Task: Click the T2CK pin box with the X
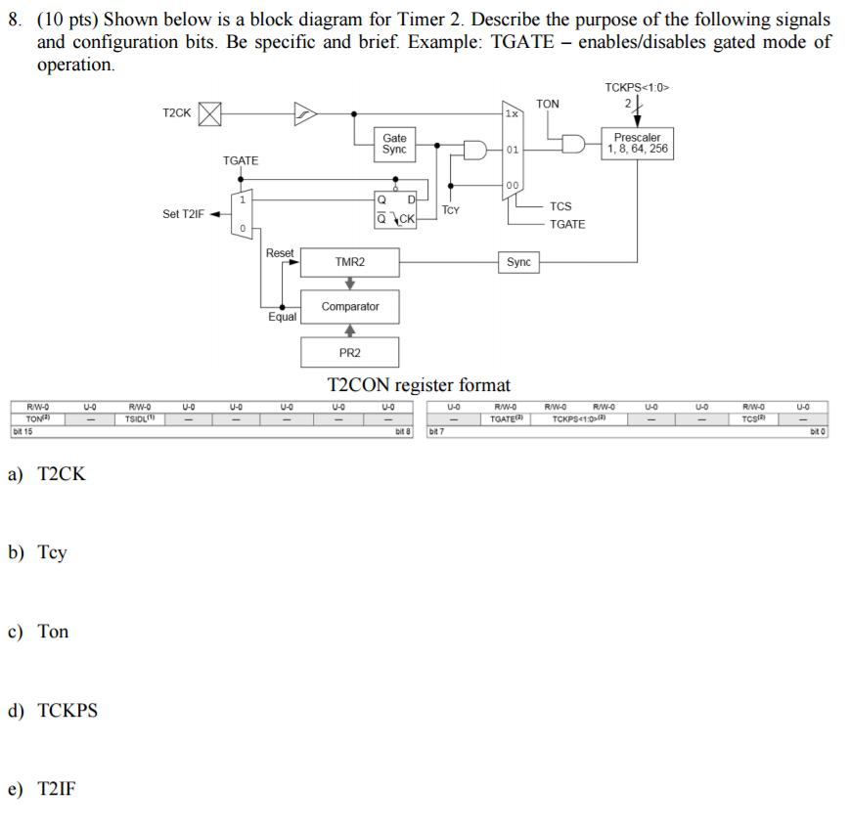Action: [209, 114]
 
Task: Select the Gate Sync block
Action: [394, 144]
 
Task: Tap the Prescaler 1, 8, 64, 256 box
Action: [637, 144]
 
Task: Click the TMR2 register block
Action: [349, 262]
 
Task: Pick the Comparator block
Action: [349, 306]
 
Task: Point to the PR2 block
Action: [349, 352]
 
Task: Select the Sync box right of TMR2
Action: [518, 262]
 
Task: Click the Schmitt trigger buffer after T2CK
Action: [305, 114]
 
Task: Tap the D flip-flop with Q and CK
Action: [396, 209]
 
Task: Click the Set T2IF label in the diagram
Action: [183, 214]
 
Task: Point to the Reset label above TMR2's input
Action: [280, 253]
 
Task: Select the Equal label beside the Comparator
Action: [282, 317]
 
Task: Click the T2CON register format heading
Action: [418, 384]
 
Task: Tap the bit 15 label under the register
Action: [22, 430]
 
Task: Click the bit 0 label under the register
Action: [818, 430]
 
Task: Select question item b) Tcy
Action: [39, 552]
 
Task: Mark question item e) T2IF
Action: [42, 789]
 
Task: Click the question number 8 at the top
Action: [14, 19]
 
